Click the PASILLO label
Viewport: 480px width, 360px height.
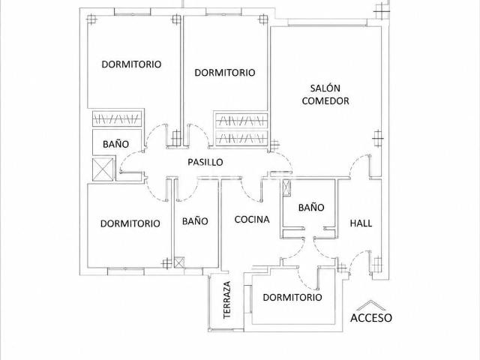pyautogui.click(x=205, y=162)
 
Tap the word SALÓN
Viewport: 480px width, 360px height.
pyautogui.click(x=325, y=88)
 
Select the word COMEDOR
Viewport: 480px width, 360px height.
pyautogui.click(x=325, y=101)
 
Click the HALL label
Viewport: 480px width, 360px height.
pyautogui.click(x=361, y=223)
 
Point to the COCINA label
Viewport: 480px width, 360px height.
pyautogui.click(x=252, y=220)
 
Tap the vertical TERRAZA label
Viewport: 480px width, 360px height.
pyautogui.click(x=226, y=300)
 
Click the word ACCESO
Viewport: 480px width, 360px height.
pyautogui.click(x=371, y=318)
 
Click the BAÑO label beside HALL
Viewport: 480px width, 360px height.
pyautogui.click(x=311, y=208)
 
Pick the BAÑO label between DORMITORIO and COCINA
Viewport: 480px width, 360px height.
pyautogui.click(x=195, y=221)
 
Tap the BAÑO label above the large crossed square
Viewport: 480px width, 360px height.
pyautogui.click(x=115, y=144)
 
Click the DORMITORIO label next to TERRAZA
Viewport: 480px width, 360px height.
pyautogui.click(x=292, y=297)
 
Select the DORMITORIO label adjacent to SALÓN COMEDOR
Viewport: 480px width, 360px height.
pyautogui.click(x=225, y=73)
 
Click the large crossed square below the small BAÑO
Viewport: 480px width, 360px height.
pyautogui.click(x=103, y=169)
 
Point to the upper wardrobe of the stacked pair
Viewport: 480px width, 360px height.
pyautogui.click(x=241, y=121)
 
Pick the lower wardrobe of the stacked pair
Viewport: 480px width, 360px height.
pyautogui.click(x=241, y=138)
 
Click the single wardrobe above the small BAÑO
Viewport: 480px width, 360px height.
pyautogui.click(x=117, y=118)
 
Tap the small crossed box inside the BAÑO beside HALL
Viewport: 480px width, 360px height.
pyautogui.click(x=286, y=187)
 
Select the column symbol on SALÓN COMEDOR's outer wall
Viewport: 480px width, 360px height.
pyautogui.click(x=378, y=138)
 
